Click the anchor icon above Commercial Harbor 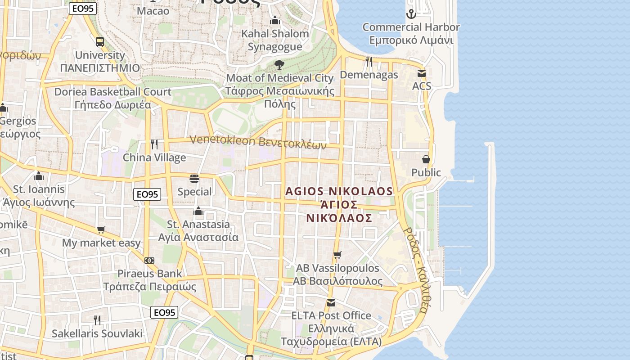pyautogui.click(x=411, y=14)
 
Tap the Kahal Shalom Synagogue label pyautogui.click(x=275, y=40)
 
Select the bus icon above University pyautogui.click(x=100, y=42)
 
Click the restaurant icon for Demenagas pyautogui.click(x=369, y=62)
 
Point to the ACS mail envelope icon pyautogui.click(x=422, y=73)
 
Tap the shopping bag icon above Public pyautogui.click(x=426, y=159)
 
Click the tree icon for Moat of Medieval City pyautogui.click(x=279, y=65)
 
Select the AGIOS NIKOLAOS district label pyautogui.click(x=339, y=205)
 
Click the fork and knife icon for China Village pyautogui.click(x=154, y=144)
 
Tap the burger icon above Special pyautogui.click(x=194, y=179)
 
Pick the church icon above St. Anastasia pyautogui.click(x=198, y=211)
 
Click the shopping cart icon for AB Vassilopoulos pyautogui.click(x=337, y=255)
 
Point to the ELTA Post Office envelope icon pyautogui.click(x=331, y=302)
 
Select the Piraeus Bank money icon pyautogui.click(x=149, y=260)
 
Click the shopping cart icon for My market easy pyautogui.click(x=101, y=230)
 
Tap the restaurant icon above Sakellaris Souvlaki pyautogui.click(x=97, y=320)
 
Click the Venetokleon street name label pyautogui.click(x=258, y=142)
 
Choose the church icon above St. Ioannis pyautogui.click(x=39, y=176)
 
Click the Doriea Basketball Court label pyautogui.click(x=112, y=98)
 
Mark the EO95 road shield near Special pyautogui.click(x=147, y=194)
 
